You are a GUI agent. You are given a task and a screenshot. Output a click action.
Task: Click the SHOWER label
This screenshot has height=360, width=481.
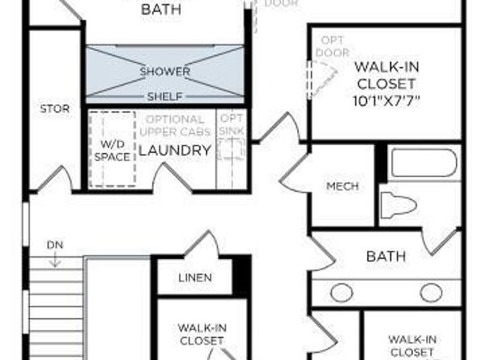click(x=164, y=71)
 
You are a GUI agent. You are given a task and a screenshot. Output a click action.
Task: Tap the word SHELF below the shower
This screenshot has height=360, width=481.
click(x=164, y=96)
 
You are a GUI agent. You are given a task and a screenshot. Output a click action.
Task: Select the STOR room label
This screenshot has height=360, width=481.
click(x=54, y=108)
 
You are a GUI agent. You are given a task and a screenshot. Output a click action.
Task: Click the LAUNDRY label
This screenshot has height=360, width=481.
click(x=174, y=150)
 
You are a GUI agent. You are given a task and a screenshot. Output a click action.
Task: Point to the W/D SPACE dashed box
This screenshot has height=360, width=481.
click(x=112, y=150)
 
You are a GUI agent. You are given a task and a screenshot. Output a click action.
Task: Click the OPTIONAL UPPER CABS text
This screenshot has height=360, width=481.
click(x=175, y=125)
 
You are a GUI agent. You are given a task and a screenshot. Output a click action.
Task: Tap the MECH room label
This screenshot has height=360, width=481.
click(x=342, y=186)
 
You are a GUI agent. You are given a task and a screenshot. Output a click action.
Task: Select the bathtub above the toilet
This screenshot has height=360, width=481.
click(x=424, y=163)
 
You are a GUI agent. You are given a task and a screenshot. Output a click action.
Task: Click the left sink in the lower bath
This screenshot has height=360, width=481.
click(x=341, y=292)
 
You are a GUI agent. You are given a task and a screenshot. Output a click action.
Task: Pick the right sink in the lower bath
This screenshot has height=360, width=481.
click(x=431, y=292)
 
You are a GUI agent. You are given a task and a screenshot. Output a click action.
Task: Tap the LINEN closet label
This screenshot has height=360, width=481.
click(x=194, y=277)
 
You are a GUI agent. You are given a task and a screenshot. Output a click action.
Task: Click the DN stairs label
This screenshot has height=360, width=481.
click(x=54, y=244)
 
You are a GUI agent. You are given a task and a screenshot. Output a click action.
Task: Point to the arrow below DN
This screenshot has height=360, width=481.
click(x=54, y=259)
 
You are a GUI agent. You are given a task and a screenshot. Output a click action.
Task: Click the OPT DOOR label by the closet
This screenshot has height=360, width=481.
click(x=332, y=46)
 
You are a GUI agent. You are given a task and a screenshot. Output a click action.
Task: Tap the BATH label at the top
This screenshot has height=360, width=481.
click(x=161, y=10)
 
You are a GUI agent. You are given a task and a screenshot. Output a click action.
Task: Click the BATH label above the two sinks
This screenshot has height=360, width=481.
click(x=385, y=256)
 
